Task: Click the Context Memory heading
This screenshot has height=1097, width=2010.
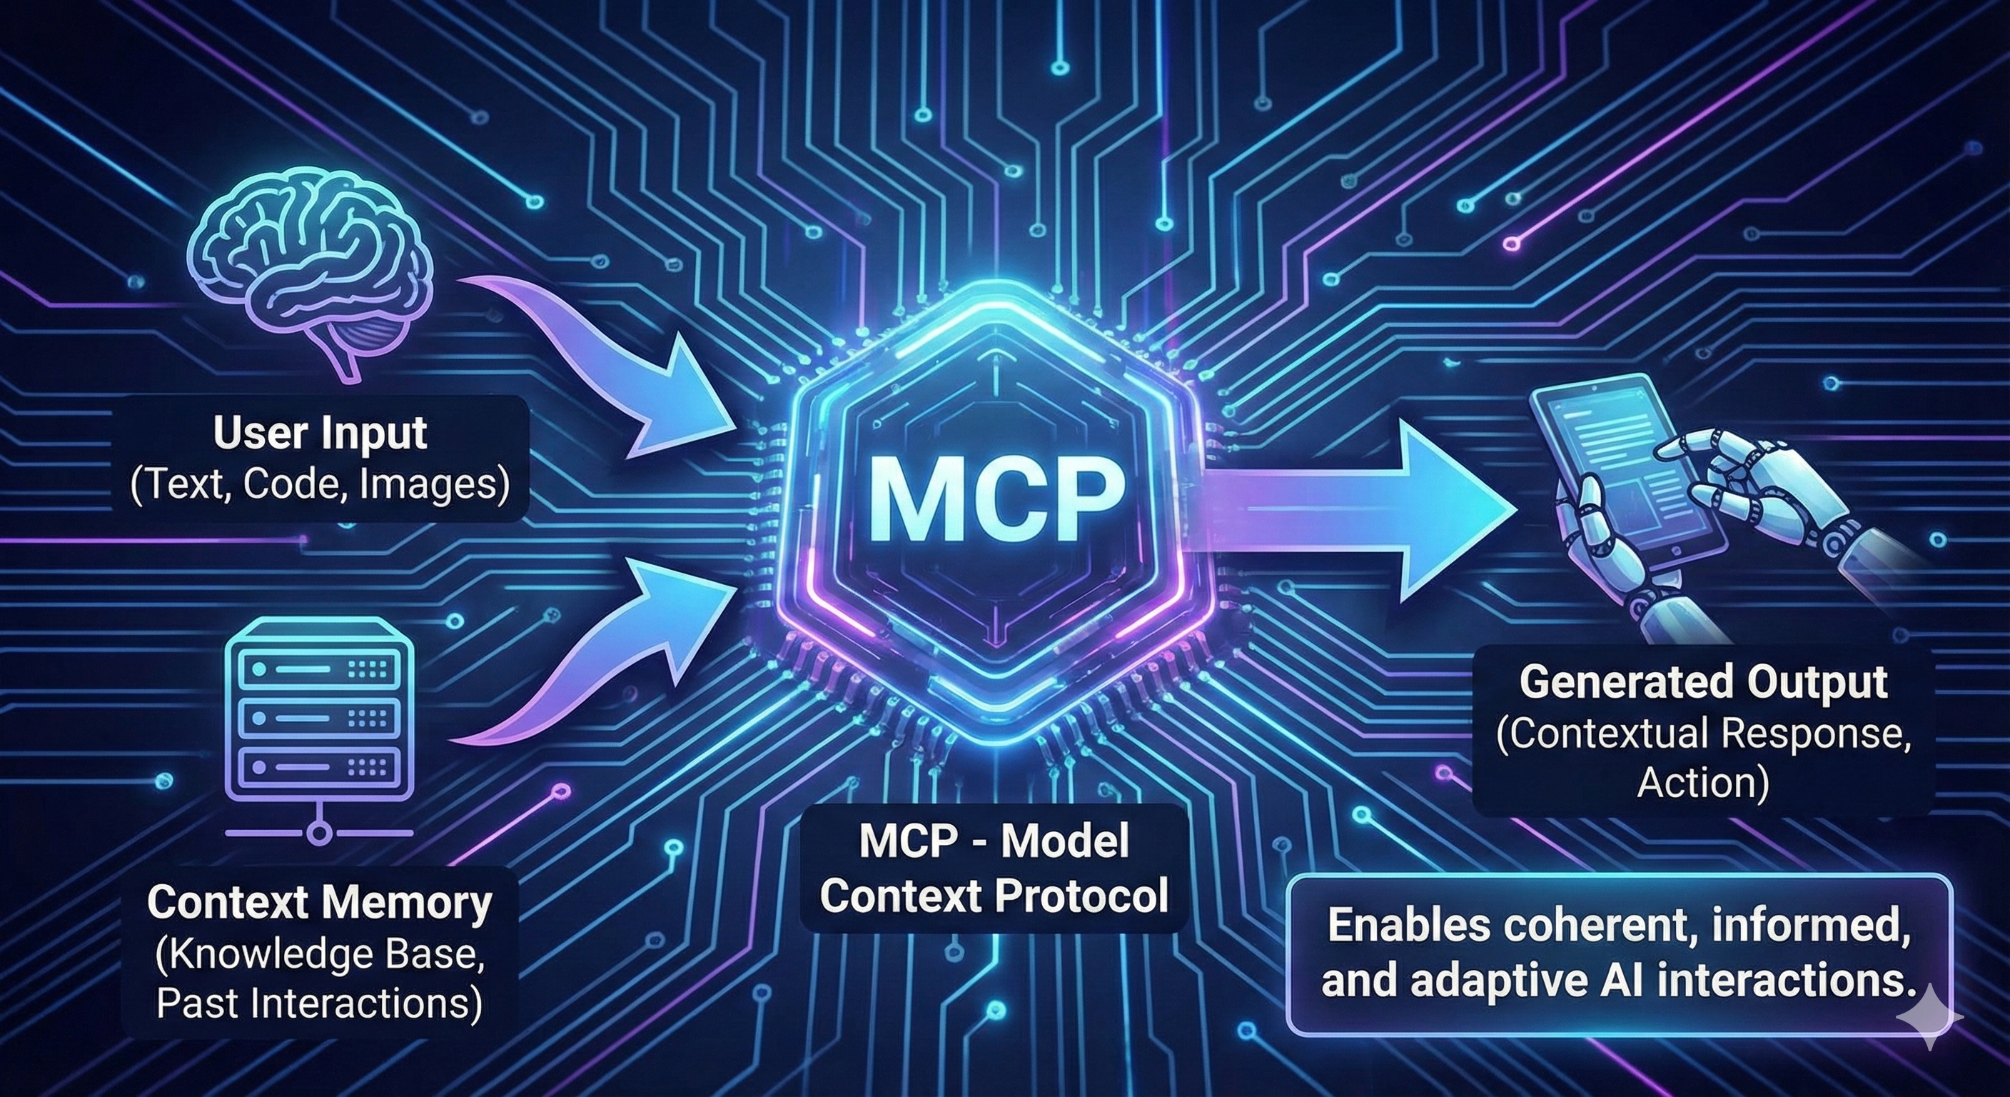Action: click(x=320, y=903)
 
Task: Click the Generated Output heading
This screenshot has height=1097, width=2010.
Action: click(x=1703, y=681)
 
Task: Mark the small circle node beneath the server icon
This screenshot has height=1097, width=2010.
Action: click(x=318, y=833)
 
